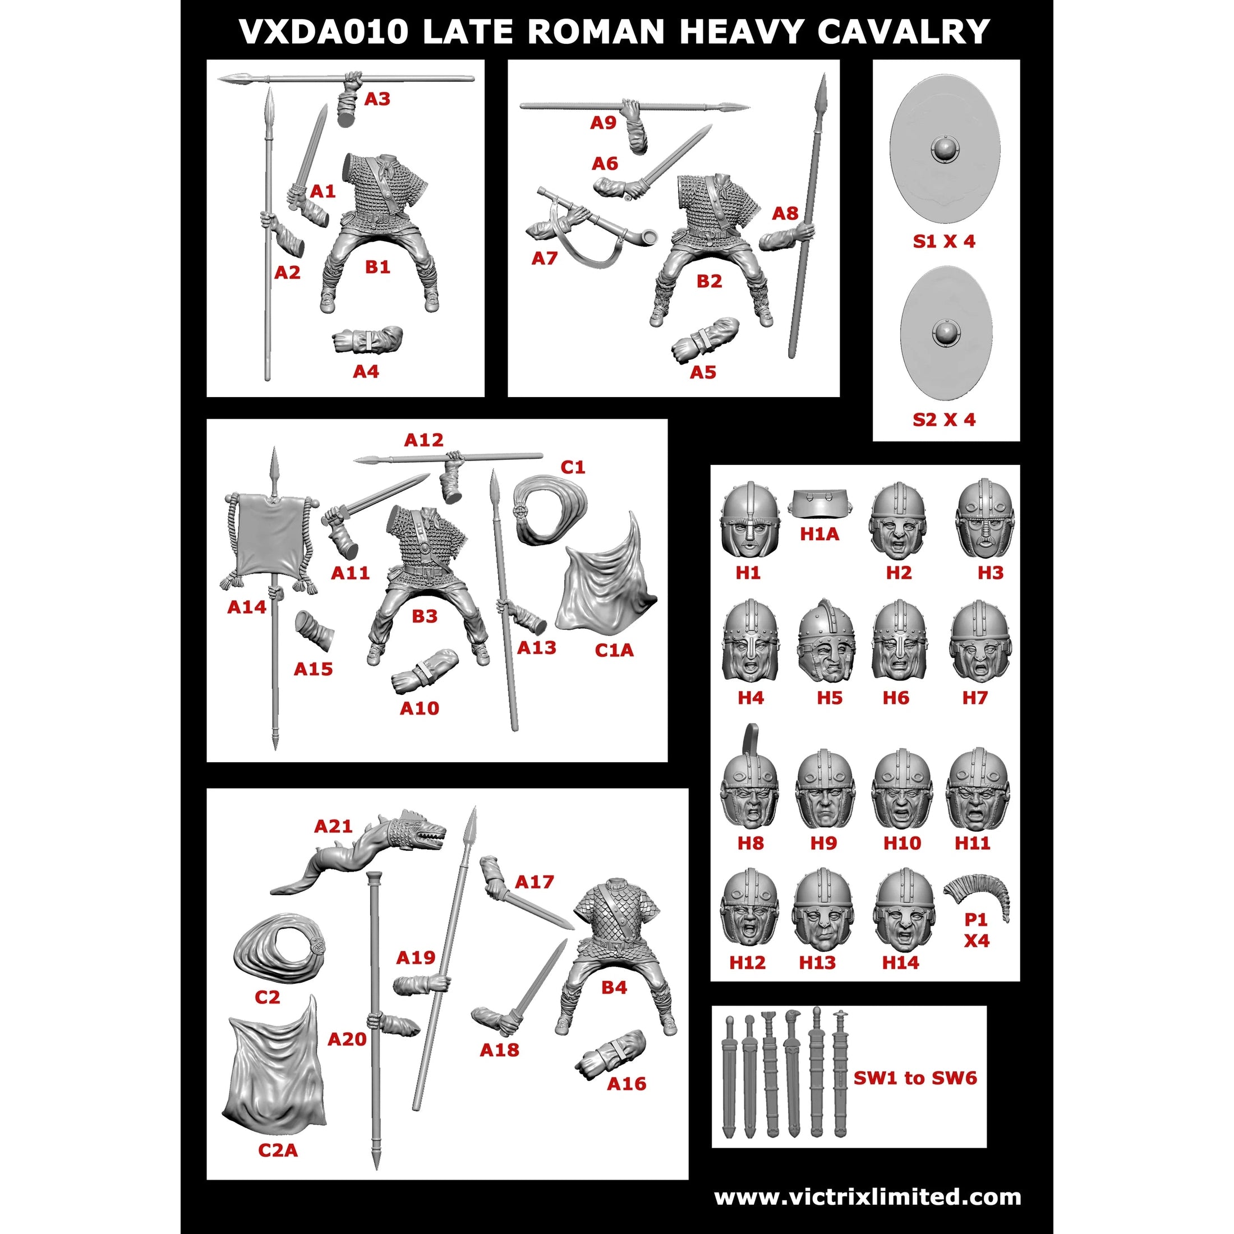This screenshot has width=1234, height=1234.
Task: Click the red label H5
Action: point(829,698)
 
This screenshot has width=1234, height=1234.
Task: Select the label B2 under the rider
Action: point(709,281)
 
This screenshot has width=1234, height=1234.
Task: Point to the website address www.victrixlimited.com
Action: point(867,1196)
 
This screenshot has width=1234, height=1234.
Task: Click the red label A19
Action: point(416,957)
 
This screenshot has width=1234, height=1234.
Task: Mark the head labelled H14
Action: point(904,911)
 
